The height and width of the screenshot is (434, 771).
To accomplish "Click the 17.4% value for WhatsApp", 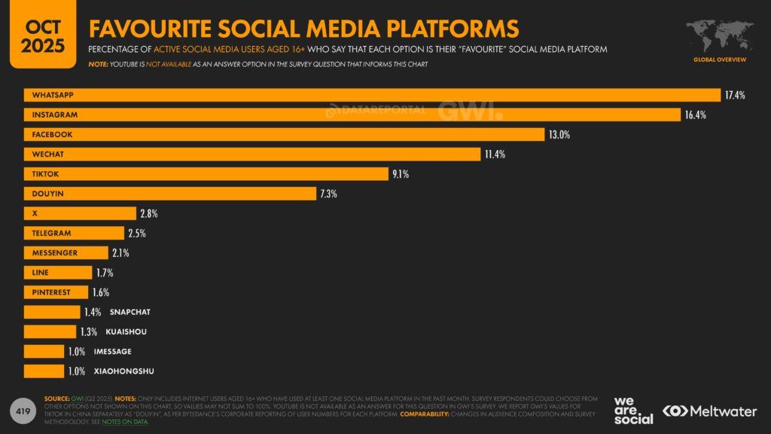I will pyautogui.click(x=735, y=95).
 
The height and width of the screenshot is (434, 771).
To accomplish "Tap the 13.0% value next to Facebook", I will pyautogui.click(x=559, y=135).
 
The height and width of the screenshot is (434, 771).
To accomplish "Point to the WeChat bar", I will pyautogui.click(x=252, y=154).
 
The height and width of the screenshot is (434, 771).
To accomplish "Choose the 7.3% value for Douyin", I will pyautogui.click(x=328, y=194).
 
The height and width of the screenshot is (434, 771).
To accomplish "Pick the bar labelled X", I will pyautogui.click(x=80, y=213).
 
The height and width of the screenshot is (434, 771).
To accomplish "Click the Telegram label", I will pyautogui.click(x=51, y=234).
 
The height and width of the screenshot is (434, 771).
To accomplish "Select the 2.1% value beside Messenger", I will pyautogui.click(x=120, y=253).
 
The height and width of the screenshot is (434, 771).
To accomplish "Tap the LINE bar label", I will pyautogui.click(x=41, y=273).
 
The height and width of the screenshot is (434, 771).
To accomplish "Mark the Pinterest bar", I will pyautogui.click(x=56, y=292).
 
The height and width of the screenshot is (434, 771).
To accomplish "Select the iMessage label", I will pyautogui.click(x=112, y=352).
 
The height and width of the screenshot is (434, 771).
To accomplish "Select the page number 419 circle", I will pyautogui.click(x=23, y=411).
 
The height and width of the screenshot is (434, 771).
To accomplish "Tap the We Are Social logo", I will pyautogui.click(x=633, y=410).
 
